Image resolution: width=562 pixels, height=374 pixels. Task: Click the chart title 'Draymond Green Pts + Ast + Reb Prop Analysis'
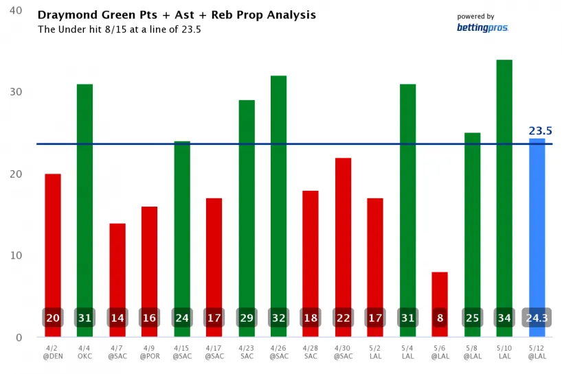177,14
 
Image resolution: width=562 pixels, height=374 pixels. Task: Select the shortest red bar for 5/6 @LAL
440,292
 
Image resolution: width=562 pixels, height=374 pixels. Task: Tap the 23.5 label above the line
540,131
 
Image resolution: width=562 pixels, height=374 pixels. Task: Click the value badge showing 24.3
537,318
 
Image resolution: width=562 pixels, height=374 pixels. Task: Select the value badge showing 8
440,318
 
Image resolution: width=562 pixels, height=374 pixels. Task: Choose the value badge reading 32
278,318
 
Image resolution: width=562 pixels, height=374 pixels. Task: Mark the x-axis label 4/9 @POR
149,352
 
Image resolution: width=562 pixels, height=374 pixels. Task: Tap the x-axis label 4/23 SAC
246,352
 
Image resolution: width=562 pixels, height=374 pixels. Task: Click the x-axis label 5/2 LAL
375,352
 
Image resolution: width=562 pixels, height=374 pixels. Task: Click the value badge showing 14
117,318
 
